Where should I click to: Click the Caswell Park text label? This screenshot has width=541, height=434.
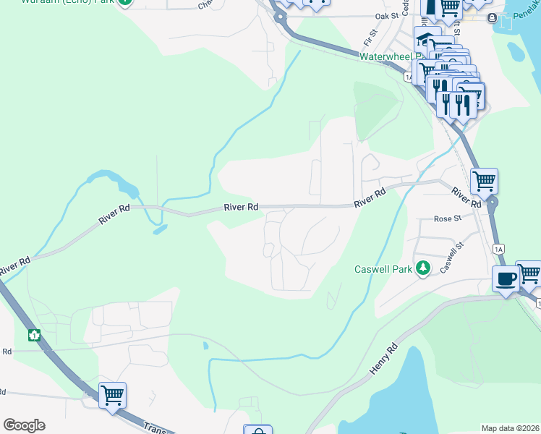click(383, 270)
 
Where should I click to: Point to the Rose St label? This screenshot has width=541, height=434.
click(447, 218)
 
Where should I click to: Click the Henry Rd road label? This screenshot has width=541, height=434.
click(383, 358)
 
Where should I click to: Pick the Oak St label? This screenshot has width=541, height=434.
click(387, 15)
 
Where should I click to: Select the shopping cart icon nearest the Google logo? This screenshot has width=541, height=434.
click(112, 395)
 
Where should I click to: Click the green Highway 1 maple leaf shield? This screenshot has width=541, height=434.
click(33, 335)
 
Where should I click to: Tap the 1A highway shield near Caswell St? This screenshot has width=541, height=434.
click(498, 249)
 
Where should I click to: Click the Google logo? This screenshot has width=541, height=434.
click(24, 425)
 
